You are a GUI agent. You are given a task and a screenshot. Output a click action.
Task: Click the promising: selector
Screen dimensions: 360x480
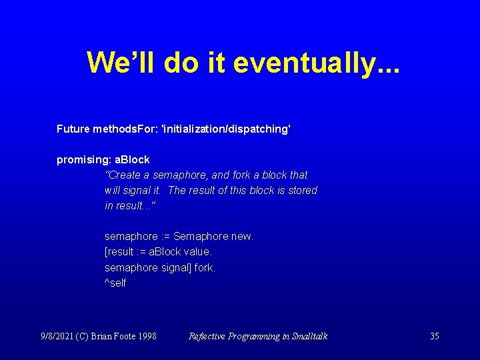(x=84, y=160)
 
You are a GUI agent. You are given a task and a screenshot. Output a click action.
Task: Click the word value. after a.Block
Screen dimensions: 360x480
(x=198, y=252)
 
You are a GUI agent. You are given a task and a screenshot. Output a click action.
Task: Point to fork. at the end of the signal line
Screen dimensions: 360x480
(x=205, y=267)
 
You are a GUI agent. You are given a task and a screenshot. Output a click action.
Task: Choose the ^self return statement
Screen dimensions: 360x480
(x=115, y=283)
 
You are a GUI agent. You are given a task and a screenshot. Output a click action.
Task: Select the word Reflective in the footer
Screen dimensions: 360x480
(x=208, y=336)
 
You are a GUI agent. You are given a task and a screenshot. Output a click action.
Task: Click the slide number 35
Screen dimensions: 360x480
(x=434, y=336)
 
